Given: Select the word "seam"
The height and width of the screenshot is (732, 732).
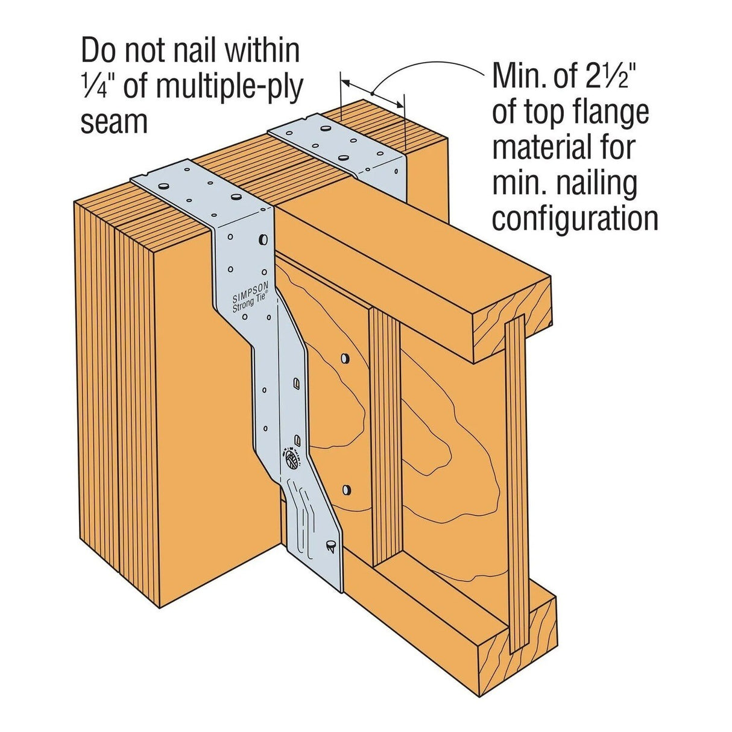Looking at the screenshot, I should click(x=114, y=122).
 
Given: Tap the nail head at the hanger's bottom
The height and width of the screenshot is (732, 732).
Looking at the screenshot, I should click(x=330, y=545).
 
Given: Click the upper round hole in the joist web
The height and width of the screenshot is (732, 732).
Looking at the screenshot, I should click(x=344, y=359).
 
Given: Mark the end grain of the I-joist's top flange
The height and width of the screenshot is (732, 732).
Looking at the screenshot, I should click(x=513, y=326).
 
